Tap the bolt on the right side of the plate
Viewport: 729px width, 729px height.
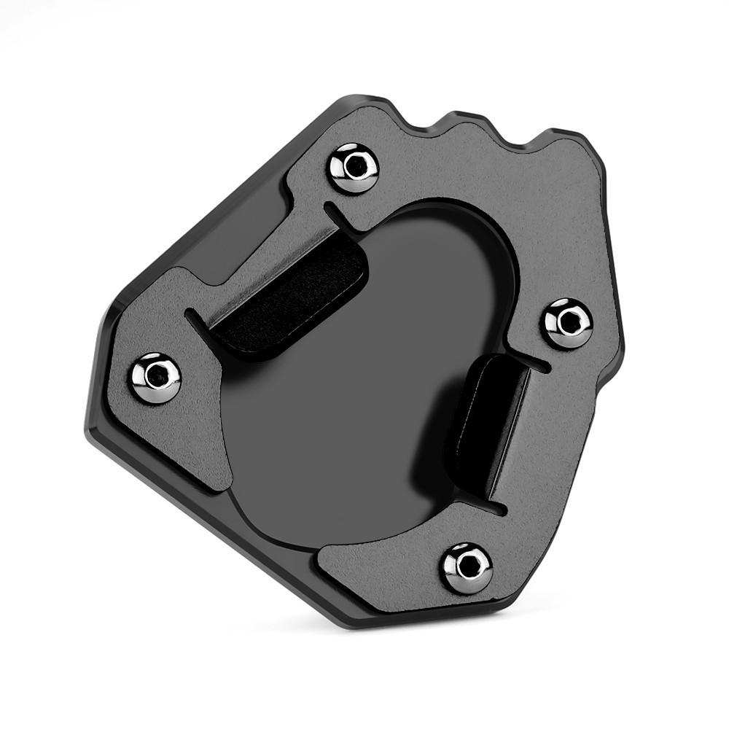pyautogui.click(x=569, y=322)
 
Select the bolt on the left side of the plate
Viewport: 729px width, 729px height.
pyautogui.click(x=156, y=376)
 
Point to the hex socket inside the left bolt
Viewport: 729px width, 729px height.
pyautogui.click(x=156, y=376)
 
